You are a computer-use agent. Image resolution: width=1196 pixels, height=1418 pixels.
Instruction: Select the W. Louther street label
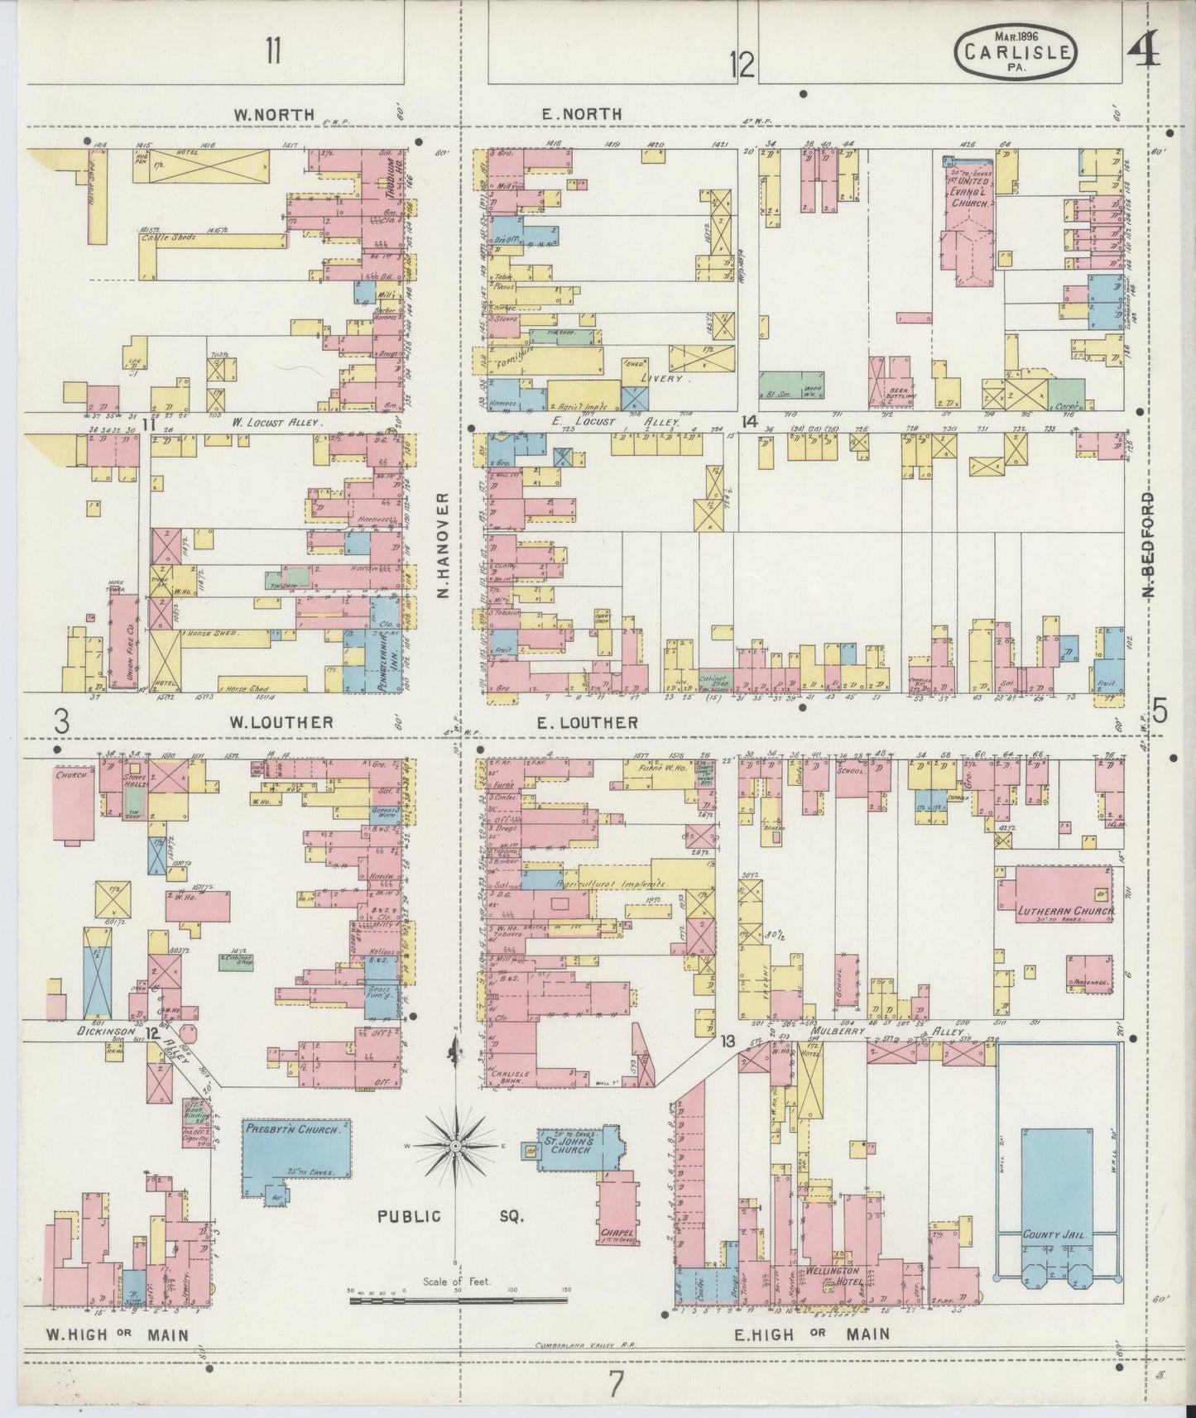281,722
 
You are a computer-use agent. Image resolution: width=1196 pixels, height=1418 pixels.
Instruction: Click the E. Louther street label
587,722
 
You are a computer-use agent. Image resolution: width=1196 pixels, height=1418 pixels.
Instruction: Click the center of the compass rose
454,1146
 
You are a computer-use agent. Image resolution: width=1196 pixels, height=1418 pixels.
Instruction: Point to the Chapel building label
616,1232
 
